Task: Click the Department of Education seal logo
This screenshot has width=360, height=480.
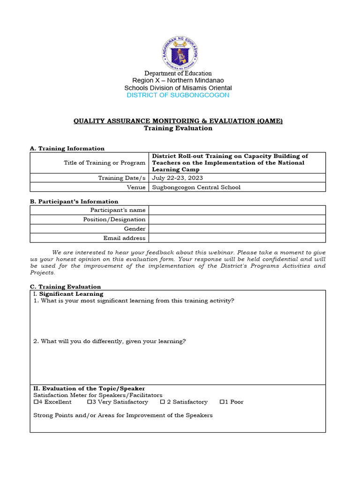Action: click(180, 52)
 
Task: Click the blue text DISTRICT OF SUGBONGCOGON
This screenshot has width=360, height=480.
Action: click(178, 95)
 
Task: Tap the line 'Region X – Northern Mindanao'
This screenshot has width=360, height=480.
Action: click(178, 81)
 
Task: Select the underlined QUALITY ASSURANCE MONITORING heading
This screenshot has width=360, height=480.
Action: click(178, 121)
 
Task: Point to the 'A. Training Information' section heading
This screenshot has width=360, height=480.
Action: click(67, 149)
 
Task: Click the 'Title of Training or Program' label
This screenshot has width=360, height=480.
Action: click(105, 163)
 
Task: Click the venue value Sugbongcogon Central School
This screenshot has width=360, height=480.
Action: click(196, 187)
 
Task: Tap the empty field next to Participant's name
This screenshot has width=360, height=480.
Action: click(237, 210)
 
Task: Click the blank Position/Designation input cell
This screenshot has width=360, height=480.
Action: click(237, 219)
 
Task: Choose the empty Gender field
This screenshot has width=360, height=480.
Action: click(237, 229)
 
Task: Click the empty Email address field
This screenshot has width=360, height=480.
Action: click(237, 238)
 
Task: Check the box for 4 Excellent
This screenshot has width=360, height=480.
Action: click(36, 402)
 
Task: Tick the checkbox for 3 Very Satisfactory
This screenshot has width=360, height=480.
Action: click(90, 402)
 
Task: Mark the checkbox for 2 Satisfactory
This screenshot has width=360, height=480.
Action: click(162, 402)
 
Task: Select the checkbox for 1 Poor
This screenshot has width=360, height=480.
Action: click(222, 402)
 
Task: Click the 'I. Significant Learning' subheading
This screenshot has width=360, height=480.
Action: click(68, 294)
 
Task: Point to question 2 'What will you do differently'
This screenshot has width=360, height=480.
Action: click(109, 341)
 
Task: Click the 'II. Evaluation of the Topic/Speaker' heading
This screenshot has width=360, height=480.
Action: click(89, 389)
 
